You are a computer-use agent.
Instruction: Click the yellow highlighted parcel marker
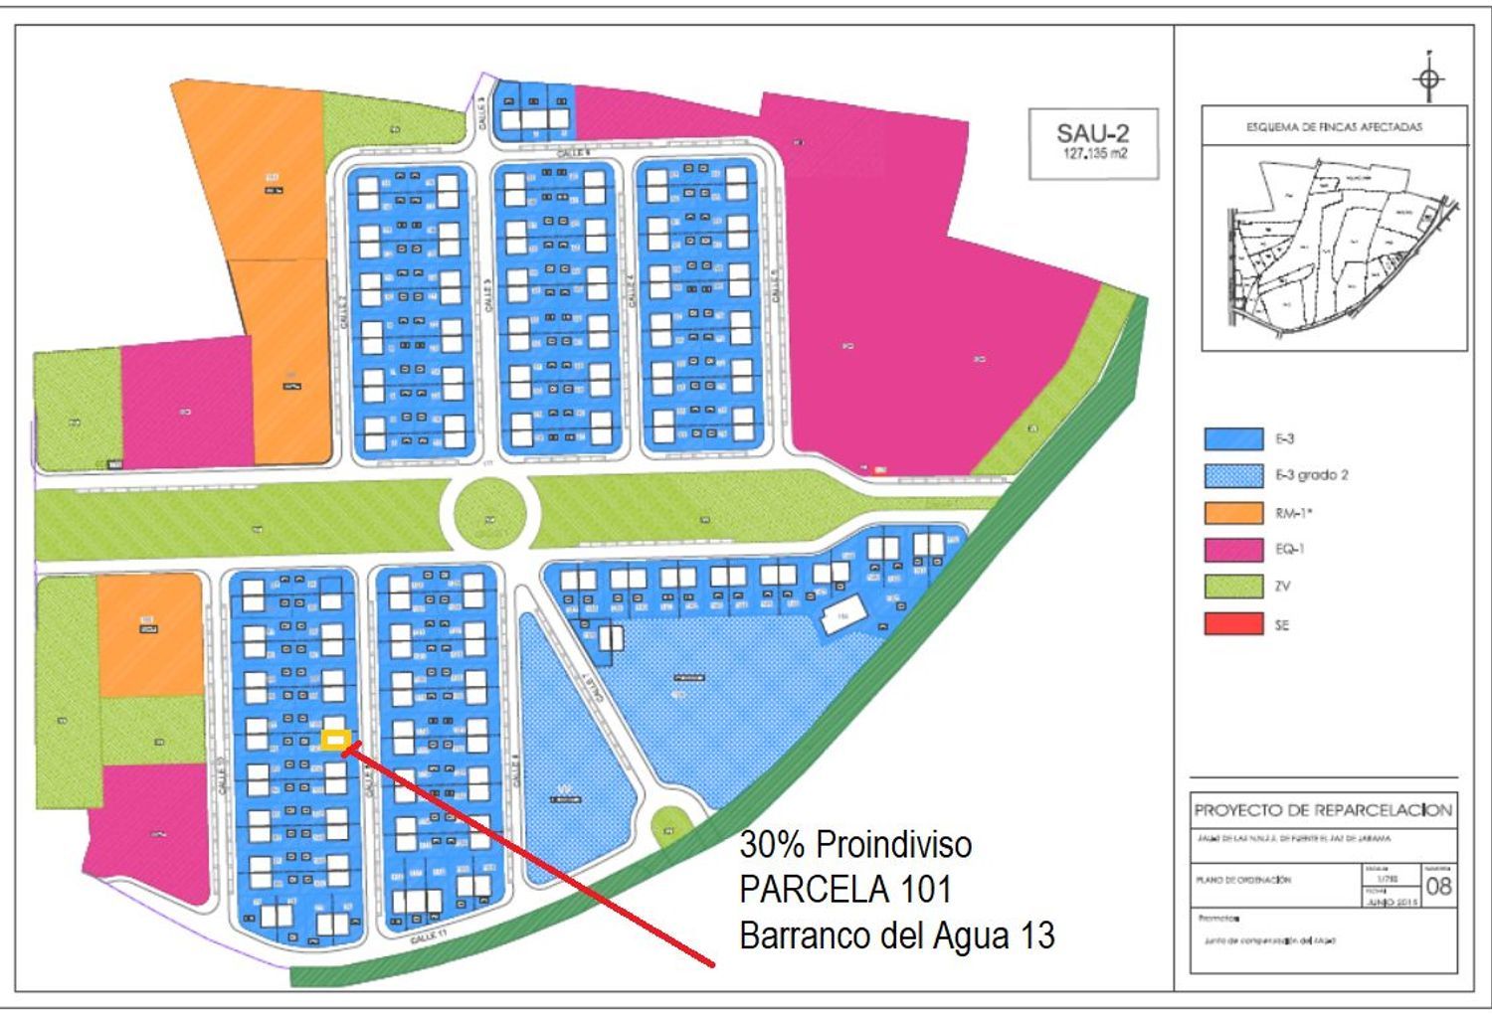tap(336, 740)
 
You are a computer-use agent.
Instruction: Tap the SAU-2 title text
tap(1092, 132)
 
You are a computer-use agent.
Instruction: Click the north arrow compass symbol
tap(1429, 79)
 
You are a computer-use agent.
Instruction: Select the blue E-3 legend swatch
tap(1233, 438)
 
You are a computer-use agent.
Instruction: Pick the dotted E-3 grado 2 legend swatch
tap(1233, 475)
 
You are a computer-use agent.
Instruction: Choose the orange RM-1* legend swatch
tap(1233, 513)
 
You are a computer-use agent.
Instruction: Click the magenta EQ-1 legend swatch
tap(1233, 550)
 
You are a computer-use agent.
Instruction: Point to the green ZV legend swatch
tap(1233, 587)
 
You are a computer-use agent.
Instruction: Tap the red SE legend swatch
tap(1233, 624)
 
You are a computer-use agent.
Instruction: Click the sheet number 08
tap(1438, 886)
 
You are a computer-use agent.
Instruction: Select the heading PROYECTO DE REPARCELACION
tap(1323, 810)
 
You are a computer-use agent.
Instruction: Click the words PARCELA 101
tap(844, 889)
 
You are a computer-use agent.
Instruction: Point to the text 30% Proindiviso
tap(855, 845)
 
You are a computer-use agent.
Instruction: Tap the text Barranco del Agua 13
tap(896, 935)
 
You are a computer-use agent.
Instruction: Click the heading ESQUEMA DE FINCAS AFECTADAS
tap(1334, 127)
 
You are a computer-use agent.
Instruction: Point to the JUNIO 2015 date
tap(1391, 902)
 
